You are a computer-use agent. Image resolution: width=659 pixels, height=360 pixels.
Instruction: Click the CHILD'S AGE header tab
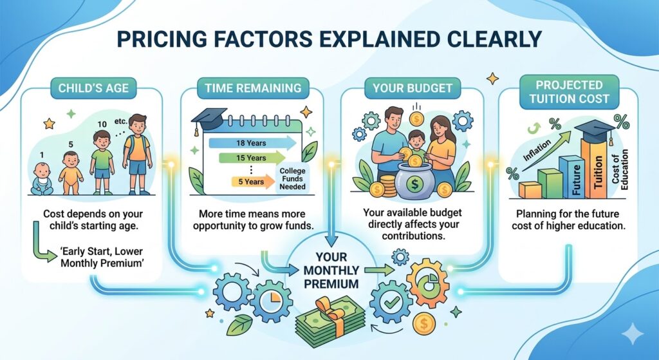pyautogui.click(x=93, y=88)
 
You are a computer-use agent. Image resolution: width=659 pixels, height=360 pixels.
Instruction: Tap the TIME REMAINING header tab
pyautogui.click(x=253, y=88)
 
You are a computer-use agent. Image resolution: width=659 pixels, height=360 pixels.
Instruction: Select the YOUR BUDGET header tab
pyautogui.click(x=413, y=88)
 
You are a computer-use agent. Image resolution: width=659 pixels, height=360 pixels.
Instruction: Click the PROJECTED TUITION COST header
pyautogui.click(x=569, y=91)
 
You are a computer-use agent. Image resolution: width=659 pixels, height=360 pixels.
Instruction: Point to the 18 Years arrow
pyautogui.click(x=252, y=143)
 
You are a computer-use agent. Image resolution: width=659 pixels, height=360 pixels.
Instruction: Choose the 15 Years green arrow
pyautogui.click(x=252, y=158)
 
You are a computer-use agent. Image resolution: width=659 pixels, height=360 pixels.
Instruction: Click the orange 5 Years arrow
pyautogui.click(x=253, y=182)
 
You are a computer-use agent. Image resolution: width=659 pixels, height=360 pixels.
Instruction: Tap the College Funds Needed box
pyautogui.click(x=293, y=178)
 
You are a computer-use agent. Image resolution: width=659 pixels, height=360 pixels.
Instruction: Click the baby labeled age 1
pyautogui.click(x=42, y=179)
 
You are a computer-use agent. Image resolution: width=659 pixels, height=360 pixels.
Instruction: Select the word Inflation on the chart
pyautogui.click(x=537, y=151)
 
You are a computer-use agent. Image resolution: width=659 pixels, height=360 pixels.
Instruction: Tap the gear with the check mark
pyautogui.click(x=391, y=302)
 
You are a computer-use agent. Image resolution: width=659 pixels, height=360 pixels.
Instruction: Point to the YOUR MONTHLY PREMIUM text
pyautogui.click(x=331, y=270)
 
